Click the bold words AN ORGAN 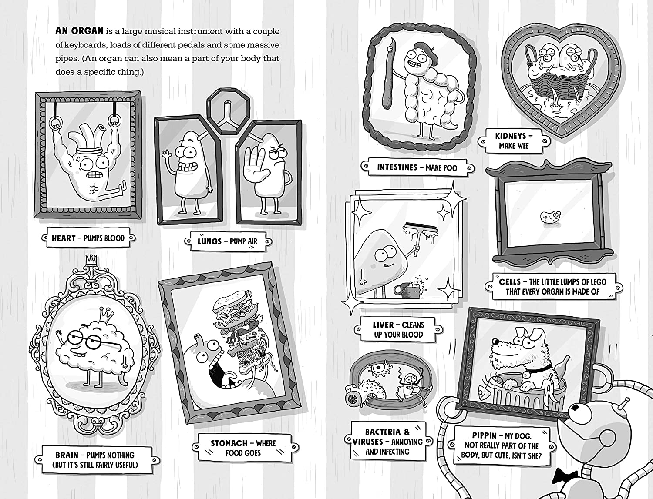tap(79, 31)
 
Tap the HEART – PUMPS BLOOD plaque tap(88, 238)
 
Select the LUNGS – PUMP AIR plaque tap(227, 241)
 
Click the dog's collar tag tap(527, 374)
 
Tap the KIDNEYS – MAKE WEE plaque tap(513, 141)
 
